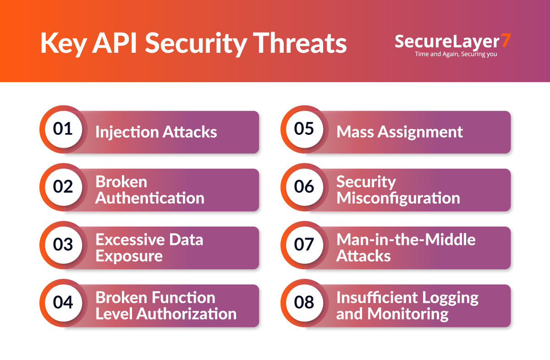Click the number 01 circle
coord(63,129)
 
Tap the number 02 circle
coord(63,187)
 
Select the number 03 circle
coord(63,245)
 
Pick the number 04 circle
coord(63,303)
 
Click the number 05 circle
coord(304,129)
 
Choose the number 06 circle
coord(304,187)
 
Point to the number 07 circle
coord(304,245)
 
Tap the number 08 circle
coord(304,303)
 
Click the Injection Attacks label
coord(156,132)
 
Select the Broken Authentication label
coord(149,190)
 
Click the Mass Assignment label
coord(400,132)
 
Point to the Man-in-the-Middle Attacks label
coord(406,248)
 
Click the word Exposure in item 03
coord(129,256)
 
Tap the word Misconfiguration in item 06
coord(398,198)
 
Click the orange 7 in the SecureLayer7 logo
coord(505,41)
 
